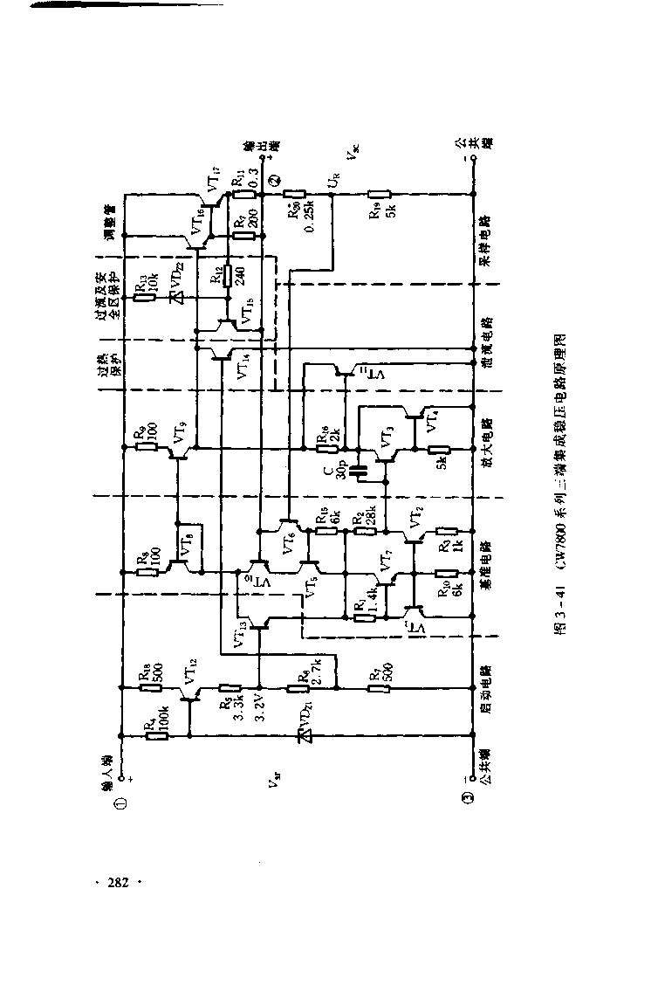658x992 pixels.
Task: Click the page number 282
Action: [x=118, y=883]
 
